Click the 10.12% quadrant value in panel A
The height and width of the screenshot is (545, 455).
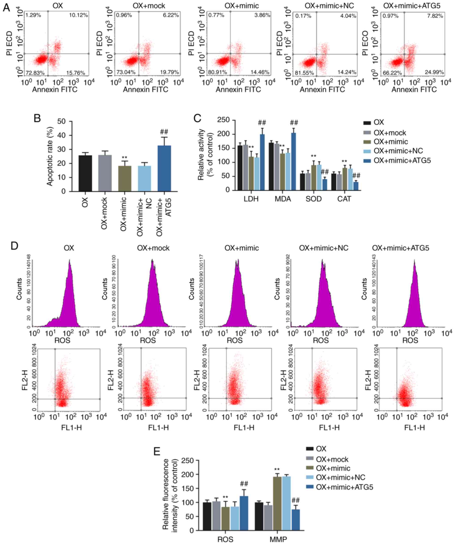pyautogui.click(x=78, y=15)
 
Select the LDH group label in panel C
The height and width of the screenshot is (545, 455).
pyautogui.click(x=251, y=199)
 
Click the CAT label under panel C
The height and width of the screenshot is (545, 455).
pyautogui.click(x=344, y=199)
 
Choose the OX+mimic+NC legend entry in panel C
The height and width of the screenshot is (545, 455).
pyautogui.click(x=398, y=151)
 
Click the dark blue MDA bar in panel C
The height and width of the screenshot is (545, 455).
pyautogui.click(x=294, y=161)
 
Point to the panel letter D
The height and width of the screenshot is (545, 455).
pyautogui.click(x=15, y=245)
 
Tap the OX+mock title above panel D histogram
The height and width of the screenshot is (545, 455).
pyautogui.click(x=153, y=248)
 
